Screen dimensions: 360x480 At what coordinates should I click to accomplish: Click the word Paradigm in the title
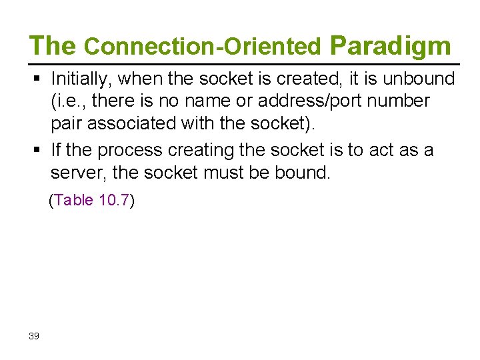tap(390, 45)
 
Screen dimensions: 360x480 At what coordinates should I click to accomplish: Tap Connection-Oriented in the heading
tap(203, 47)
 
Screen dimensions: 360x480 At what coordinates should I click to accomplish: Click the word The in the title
tap(53, 45)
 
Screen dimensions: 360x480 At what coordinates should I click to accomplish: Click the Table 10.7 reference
tap(92, 201)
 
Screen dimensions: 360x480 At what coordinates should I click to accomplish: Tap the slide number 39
tap(34, 335)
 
